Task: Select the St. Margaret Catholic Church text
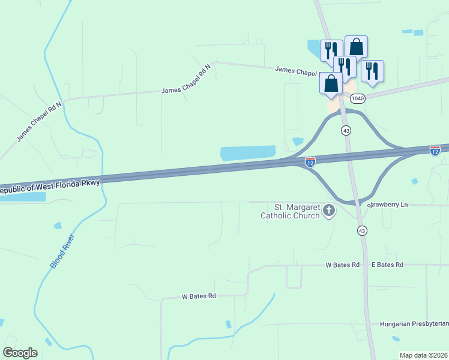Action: coord(289,211)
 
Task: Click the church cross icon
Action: coord(328,211)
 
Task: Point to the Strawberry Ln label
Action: coord(388,205)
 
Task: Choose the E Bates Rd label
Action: coord(387,265)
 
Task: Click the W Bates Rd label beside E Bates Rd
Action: coord(342,265)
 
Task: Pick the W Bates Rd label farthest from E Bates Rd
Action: coord(198,296)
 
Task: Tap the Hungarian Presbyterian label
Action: coord(414,324)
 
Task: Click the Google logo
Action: coord(20,353)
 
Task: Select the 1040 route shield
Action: coord(358,98)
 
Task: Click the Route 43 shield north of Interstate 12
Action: coord(346,130)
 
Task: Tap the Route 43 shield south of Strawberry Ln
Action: coord(361,230)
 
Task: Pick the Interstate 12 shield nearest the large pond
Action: coord(310,162)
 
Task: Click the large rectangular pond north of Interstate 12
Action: coord(248,153)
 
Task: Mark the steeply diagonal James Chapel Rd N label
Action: coord(39,121)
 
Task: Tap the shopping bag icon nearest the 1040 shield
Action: coord(331,83)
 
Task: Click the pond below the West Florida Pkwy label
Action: coord(24,196)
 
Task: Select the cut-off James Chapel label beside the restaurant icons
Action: coord(295,71)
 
